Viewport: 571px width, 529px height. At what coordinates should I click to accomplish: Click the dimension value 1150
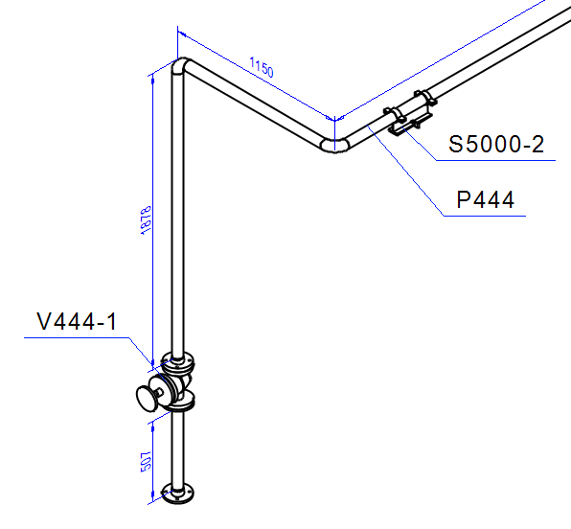(262, 69)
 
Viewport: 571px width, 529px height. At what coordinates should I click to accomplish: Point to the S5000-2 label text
(497, 145)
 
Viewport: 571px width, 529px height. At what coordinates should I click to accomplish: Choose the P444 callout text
(485, 199)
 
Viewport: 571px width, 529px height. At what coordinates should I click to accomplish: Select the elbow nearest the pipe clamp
(334, 143)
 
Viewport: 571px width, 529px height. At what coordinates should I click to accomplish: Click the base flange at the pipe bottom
(179, 494)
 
